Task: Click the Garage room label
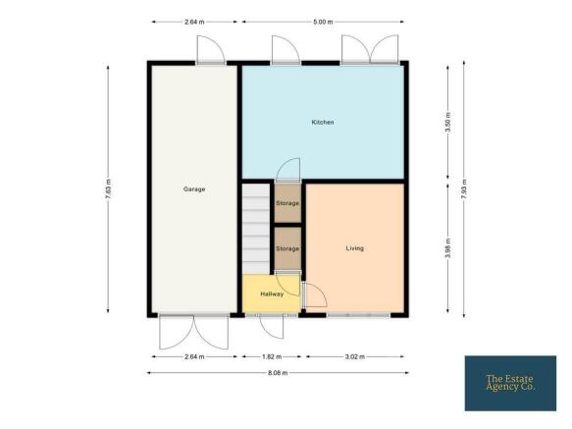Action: [194, 189]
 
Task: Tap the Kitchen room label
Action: [323, 122]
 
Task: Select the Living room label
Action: [354, 248]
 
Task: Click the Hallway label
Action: [272, 294]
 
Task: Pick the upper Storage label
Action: [287, 203]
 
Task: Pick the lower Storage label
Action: [287, 248]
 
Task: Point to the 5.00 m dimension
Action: [323, 22]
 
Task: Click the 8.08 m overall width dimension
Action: [278, 373]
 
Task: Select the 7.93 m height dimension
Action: [464, 188]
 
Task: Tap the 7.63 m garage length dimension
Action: [108, 188]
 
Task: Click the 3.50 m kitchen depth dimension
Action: [448, 122]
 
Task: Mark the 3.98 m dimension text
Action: [448, 248]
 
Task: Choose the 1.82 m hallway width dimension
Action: [272, 356]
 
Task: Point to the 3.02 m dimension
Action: [354, 356]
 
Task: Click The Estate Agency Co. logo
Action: [510, 384]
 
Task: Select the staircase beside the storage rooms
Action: [256, 229]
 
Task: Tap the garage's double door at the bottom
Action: [194, 332]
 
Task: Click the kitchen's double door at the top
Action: [370, 50]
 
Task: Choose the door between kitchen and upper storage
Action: [287, 170]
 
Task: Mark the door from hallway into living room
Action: [314, 295]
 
